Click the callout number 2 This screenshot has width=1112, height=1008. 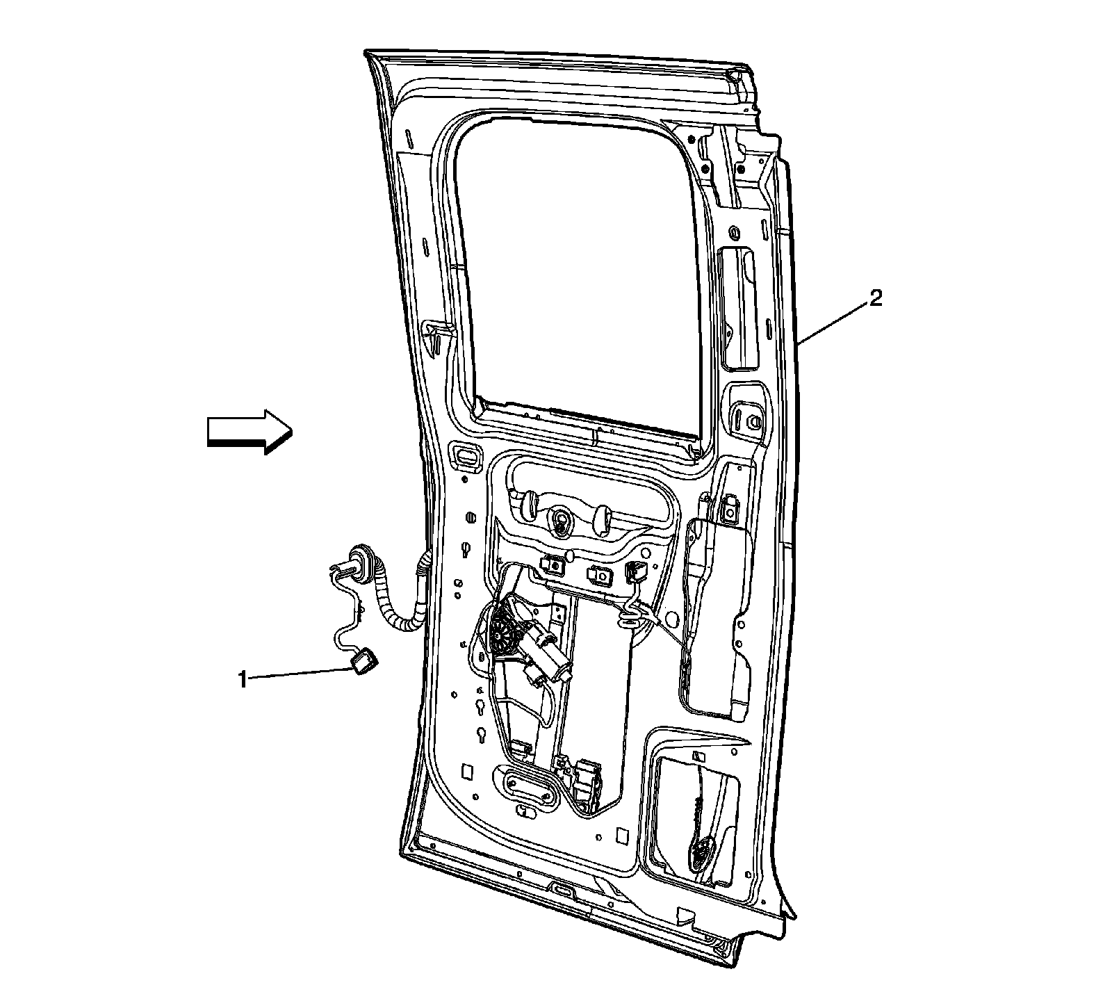point(876,299)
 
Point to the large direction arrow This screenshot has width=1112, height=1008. point(249,431)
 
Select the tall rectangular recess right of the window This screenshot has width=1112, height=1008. point(738,309)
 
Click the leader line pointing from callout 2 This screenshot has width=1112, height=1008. point(834,320)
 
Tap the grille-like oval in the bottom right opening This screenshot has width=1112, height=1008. point(704,850)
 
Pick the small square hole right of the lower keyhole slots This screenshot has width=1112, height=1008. point(467,771)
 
